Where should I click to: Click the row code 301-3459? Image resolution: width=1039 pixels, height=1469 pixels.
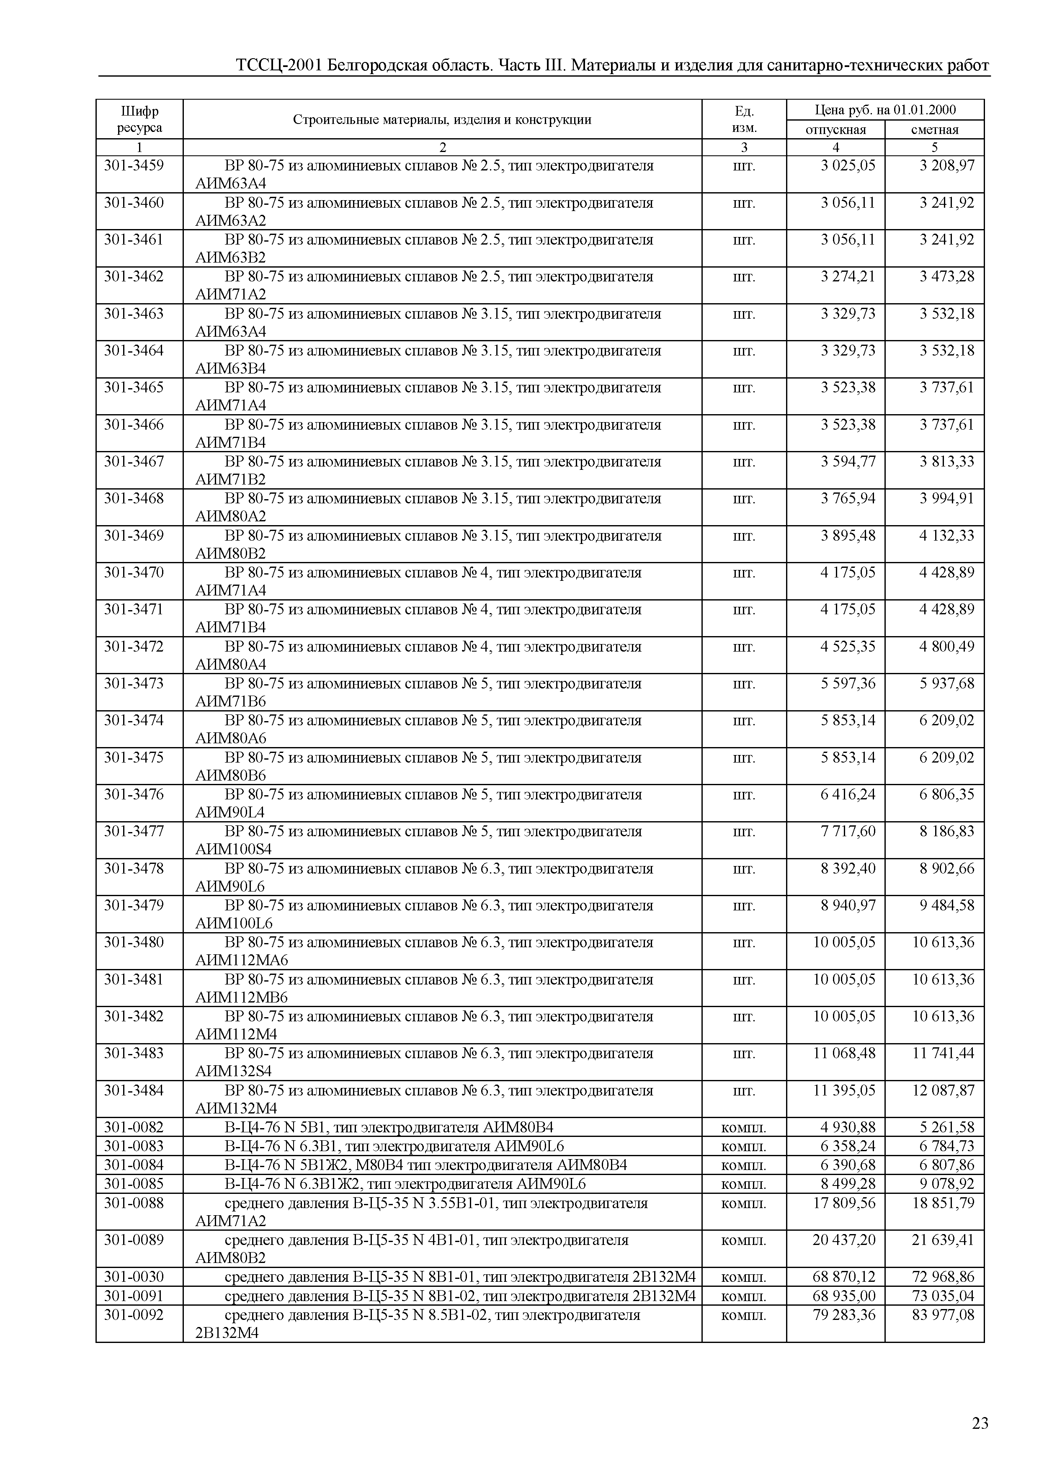(134, 166)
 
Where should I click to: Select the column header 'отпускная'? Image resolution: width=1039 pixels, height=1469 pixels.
(835, 130)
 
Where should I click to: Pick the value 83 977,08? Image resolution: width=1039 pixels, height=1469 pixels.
(943, 1315)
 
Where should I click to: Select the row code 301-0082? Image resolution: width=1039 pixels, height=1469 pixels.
(134, 1127)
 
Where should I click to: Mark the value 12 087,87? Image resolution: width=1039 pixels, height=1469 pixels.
(943, 1090)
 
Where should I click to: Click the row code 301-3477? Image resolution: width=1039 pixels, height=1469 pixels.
(134, 831)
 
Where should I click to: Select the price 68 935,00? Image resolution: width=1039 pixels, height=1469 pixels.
(844, 1296)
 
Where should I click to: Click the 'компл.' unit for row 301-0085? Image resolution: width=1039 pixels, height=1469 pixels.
(743, 1183)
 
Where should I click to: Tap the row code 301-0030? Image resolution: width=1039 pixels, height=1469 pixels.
(134, 1276)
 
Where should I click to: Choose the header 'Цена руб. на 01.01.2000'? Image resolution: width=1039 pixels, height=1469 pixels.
(885, 109)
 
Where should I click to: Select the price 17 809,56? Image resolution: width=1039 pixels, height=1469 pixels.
(844, 1203)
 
